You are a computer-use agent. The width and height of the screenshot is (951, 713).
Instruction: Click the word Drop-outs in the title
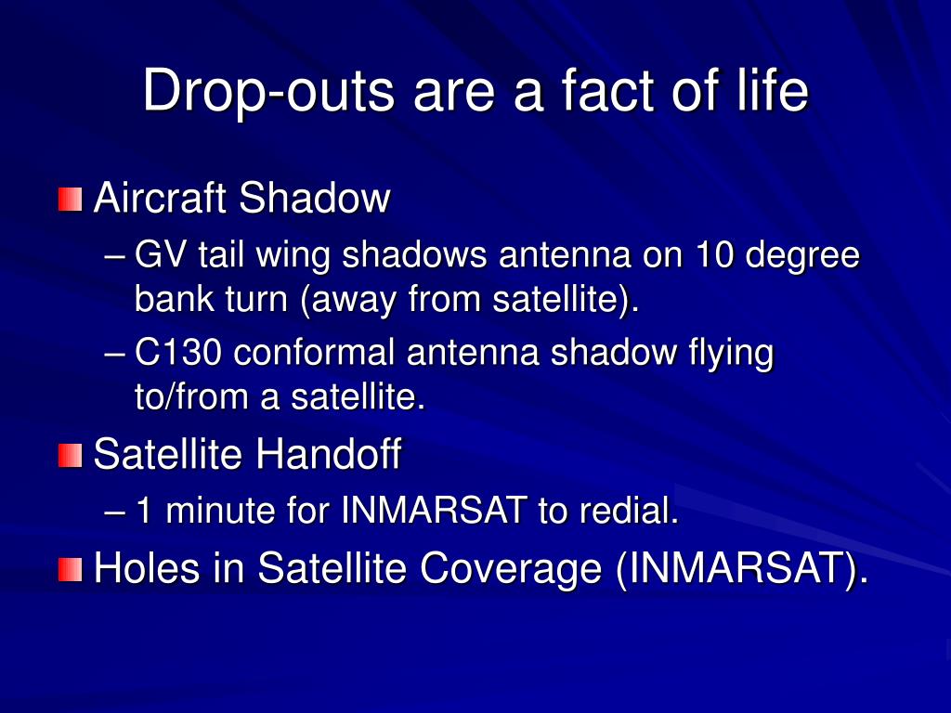[268, 91]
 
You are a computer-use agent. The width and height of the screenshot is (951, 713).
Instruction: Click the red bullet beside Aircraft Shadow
[71, 200]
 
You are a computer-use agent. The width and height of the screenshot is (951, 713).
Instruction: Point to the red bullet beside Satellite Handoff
[71, 455]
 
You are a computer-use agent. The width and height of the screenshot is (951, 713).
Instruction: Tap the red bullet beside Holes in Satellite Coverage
[71, 569]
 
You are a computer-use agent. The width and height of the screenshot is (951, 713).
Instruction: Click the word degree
[802, 257]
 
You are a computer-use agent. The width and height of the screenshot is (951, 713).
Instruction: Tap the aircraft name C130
[177, 352]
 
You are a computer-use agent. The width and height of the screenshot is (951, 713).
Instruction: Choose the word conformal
[314, 352]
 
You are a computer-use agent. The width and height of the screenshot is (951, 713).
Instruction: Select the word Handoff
[328, 453]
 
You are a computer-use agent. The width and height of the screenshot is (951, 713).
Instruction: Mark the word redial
[629, 510]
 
